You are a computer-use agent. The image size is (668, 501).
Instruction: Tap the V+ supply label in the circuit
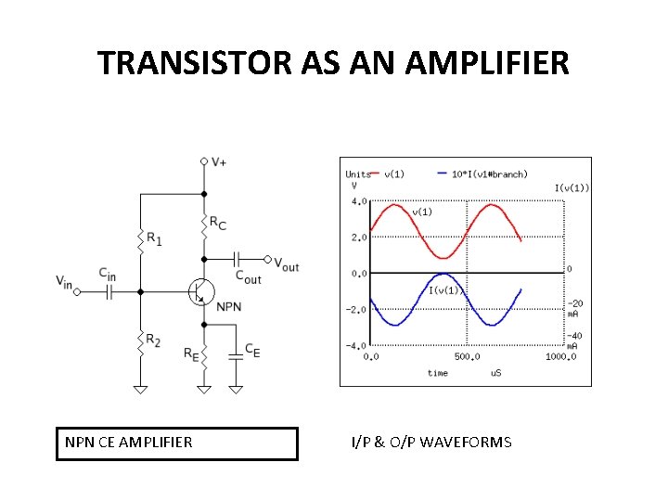[219, 161]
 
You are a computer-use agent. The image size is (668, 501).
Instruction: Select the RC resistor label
[217, 223]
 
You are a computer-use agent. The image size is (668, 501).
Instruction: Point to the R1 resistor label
[154, 238]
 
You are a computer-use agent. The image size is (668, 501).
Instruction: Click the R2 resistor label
[154, 342]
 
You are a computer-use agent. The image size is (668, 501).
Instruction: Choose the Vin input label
[63, 280]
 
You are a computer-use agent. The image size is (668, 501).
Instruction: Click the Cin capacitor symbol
[109, 291]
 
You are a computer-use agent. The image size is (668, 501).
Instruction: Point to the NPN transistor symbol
[199, 291]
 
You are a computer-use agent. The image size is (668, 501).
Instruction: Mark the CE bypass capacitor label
[252, 351]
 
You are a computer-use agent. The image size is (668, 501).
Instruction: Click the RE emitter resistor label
[190, 353]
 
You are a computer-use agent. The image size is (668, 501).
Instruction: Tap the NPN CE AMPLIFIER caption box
[178, 443]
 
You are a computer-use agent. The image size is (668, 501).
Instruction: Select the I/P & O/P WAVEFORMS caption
[430, 443]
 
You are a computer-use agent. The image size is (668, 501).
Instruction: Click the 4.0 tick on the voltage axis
[357, 200]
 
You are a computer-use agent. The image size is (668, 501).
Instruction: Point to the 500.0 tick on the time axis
[467, 356]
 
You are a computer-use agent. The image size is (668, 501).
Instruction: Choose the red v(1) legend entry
[391, 173]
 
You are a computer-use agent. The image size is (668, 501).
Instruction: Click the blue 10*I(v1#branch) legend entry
[488, 173]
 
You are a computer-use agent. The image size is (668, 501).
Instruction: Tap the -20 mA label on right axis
[575, 308]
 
